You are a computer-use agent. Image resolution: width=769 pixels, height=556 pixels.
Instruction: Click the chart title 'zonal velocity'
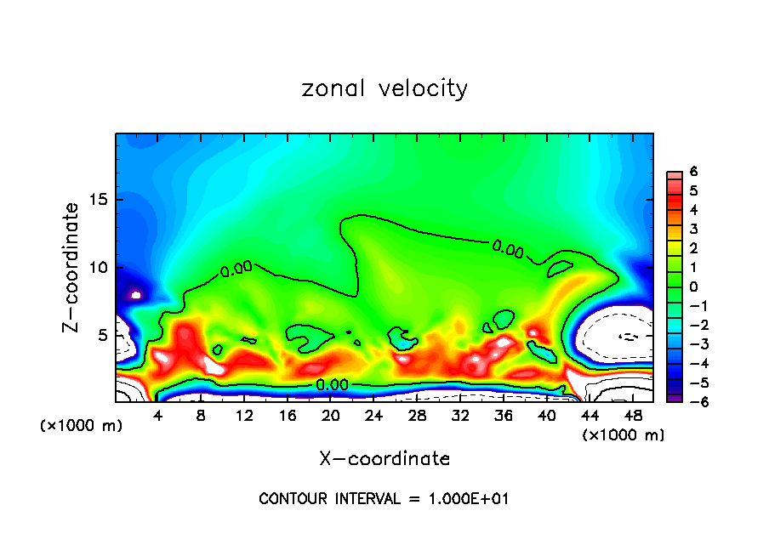[384, 88]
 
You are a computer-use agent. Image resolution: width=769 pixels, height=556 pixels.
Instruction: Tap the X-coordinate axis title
[384, 459]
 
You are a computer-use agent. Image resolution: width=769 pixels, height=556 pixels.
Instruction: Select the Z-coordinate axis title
[72, 266]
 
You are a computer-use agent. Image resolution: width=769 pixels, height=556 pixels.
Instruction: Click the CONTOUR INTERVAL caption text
[384, 499]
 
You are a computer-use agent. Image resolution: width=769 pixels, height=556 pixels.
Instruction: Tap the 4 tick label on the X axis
[157, 416]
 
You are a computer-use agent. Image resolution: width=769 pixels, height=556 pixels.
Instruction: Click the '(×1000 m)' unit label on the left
[82, 426]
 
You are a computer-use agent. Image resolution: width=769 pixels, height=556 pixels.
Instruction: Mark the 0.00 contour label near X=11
[236, 269]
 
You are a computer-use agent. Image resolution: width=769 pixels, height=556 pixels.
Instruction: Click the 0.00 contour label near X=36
[508, 249]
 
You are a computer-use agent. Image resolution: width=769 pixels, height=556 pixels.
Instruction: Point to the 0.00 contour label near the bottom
[332, 385]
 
